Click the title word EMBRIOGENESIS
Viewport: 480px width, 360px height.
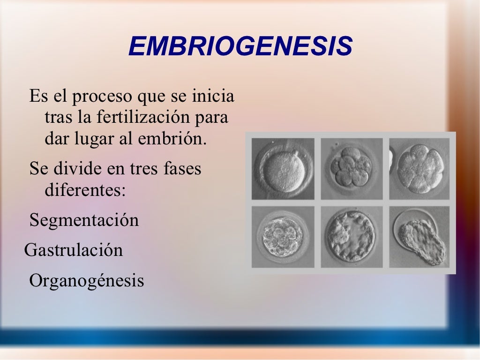coord(240,46)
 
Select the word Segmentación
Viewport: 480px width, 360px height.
coord(84,220)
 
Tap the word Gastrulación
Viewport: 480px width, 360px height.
coord(74,250)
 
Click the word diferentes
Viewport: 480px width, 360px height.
coord(85,190)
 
